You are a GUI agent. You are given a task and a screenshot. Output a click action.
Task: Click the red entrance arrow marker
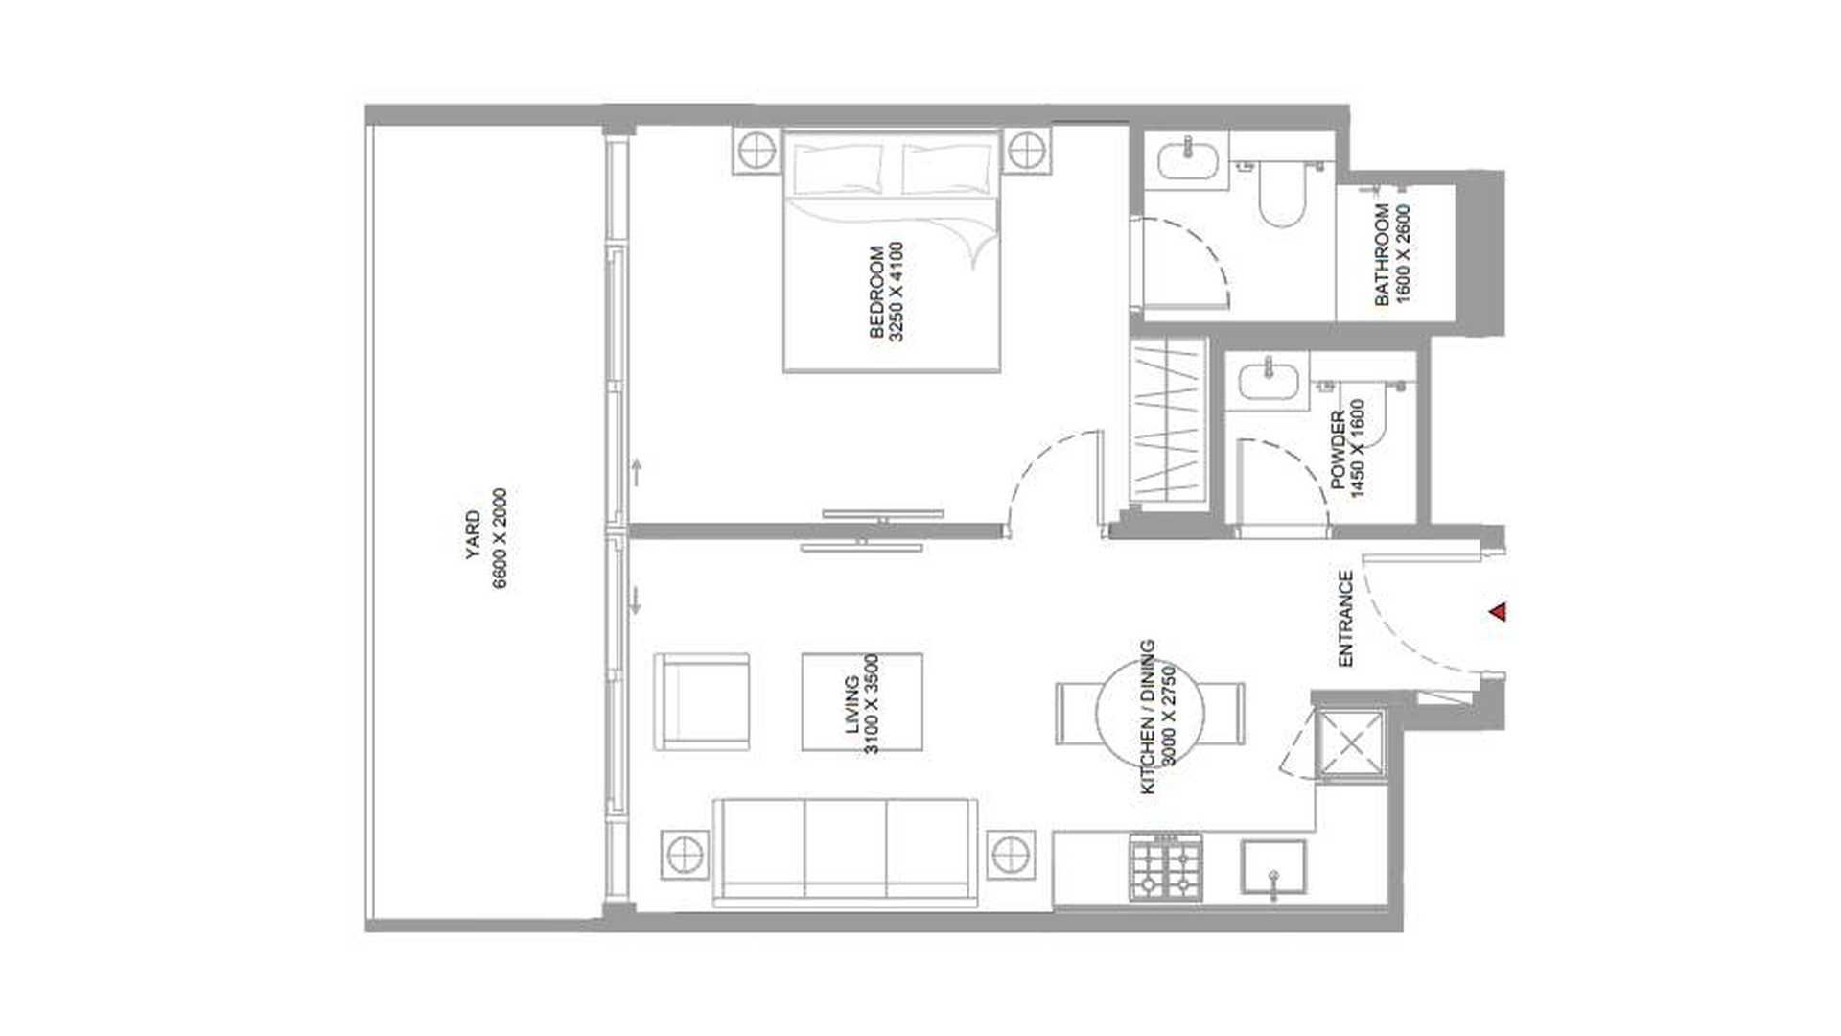click(x=1498, y=611)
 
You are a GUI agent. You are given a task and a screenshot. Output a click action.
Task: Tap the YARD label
click(x=474, y=536)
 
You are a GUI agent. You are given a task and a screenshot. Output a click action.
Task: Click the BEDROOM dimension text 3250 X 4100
click(x=897, y=292)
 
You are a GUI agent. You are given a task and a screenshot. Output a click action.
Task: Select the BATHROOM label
click(x=1383, y=254)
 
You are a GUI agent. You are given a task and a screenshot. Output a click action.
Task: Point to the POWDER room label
click(x=1338, y=451)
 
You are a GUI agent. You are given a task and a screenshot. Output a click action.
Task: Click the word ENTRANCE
click(x=1345, y=619)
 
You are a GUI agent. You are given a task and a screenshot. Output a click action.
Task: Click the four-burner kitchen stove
click(x=1165, y=866)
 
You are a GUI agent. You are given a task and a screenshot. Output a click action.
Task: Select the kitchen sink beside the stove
click(x=1273, y=868)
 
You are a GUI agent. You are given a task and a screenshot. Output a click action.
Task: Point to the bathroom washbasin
click(x=1188, y=159)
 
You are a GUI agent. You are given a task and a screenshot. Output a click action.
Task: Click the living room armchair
click(x=701, y=702)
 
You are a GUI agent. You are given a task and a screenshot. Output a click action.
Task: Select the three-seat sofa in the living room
click(x=845, y=853)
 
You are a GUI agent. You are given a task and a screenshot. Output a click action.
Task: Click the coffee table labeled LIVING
click(x=862, y=702)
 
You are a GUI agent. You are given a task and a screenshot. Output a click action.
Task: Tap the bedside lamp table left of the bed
click(x=757, y=152)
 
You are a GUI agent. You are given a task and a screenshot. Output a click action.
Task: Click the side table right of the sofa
click(x=1010, y=854)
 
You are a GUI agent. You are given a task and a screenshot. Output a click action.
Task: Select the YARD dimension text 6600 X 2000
click(x=499, y=538)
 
